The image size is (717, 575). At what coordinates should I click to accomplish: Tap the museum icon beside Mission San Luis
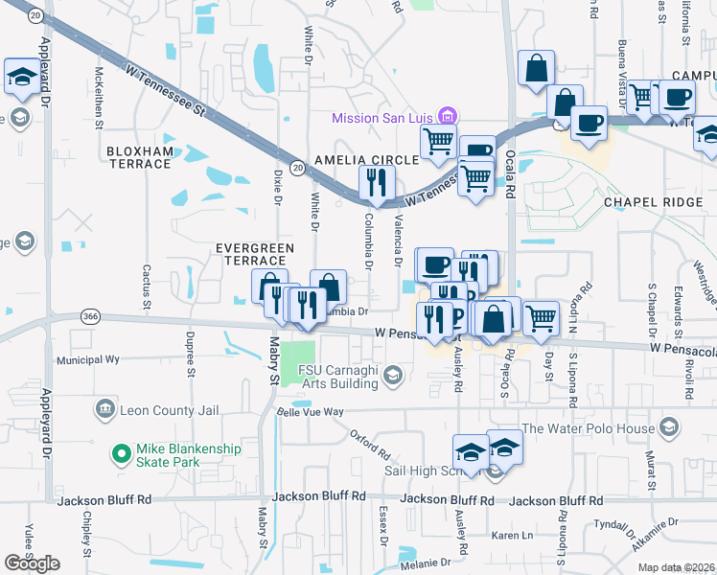coord(445,117)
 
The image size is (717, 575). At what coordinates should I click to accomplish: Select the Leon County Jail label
coord(169,411)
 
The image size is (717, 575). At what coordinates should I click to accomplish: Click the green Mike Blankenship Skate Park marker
coord(121,452)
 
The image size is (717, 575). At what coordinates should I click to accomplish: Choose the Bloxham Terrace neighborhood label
coord(139,157)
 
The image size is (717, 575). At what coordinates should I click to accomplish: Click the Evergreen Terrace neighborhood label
coord(254,254)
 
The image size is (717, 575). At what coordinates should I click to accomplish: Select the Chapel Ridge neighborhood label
coord(648,203)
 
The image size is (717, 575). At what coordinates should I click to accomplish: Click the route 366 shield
coord(91,316)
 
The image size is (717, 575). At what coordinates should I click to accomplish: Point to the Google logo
coord(32,563)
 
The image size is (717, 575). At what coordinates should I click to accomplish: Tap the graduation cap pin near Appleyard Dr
coord(20,76)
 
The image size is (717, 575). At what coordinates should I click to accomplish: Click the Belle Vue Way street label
coord(310,411)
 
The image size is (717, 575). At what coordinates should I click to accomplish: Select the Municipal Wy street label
coord(87,360)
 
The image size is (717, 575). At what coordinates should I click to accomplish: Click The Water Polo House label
coord(587,428)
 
